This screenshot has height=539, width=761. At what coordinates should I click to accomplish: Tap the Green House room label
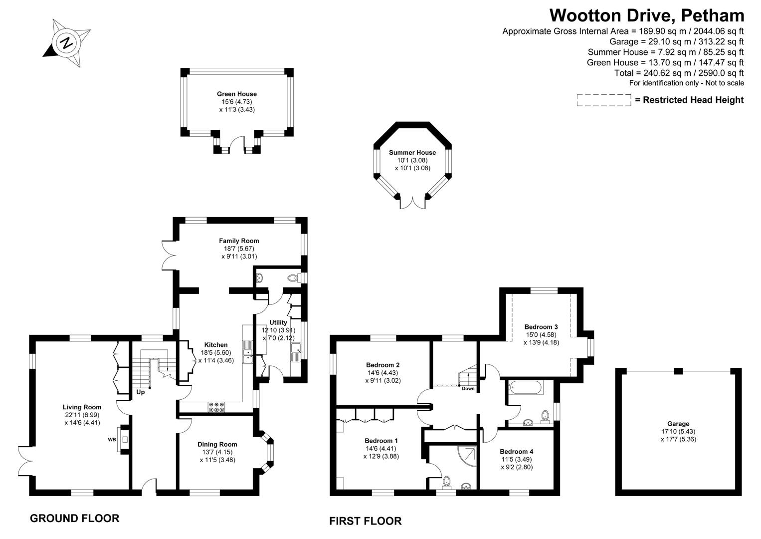pyautogui.click(x=237, y=94)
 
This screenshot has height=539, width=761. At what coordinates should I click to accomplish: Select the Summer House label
pyautogui.click(x=412, y=153)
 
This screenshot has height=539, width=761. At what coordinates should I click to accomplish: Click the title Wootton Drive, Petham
pyautogui.click(x=647, y=15)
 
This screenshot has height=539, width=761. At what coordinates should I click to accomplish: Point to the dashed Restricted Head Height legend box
pyautogui.click(x=604, y=100)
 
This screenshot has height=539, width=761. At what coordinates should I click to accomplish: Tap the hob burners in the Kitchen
pyautogui.click(x=217, y=407)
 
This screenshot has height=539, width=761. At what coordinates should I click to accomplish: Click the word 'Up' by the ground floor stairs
pyautogui.click(x=141, y=392)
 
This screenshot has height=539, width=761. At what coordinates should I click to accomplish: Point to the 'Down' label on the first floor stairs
pyautogui.click(x=468, y=388)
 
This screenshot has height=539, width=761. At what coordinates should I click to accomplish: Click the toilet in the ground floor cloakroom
pyautogui.click(x=293, y=278)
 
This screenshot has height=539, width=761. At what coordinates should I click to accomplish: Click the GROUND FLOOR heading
pyautogui.click(x=75, y=519)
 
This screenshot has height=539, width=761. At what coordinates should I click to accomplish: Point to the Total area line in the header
pyautogui.click(x=679, y=73)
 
